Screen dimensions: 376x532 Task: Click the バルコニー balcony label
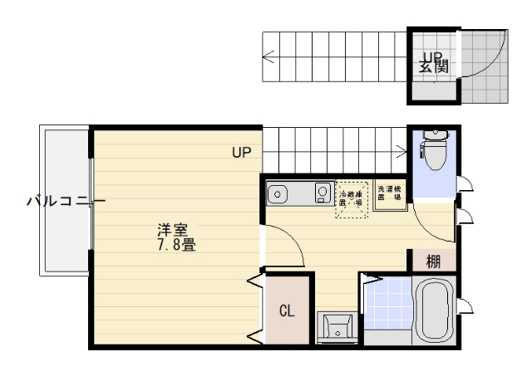[66, 201]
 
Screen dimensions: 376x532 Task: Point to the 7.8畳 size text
[175, 246]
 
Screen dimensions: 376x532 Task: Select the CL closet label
[287, 312]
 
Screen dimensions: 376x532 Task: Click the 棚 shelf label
[434, 261]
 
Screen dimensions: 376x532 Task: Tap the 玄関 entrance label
[433, 63]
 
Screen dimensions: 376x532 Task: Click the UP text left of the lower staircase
[241, 152]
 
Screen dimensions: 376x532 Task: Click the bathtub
[434, 311]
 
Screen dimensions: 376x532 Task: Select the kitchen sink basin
[278, 194]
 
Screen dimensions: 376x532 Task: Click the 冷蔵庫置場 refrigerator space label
[350, 198]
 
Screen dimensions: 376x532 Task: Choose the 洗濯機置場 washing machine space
[389, 193]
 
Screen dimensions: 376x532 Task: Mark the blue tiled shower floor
[387, 309]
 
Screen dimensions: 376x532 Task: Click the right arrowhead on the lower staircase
[402, 150]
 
